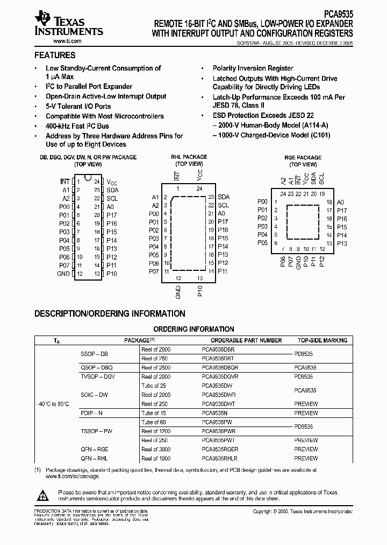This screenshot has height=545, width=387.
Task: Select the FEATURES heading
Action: pos(55,55)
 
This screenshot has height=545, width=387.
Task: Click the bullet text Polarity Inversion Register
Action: pos(253,68)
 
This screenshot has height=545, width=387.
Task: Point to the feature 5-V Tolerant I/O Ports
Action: pos(78,107)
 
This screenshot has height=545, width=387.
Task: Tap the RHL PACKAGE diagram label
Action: pos(189,157)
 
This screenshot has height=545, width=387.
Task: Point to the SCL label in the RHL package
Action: pos(223,205)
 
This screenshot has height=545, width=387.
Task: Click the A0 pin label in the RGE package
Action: pos(341,202)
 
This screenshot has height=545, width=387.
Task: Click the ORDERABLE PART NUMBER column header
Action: pos(246,340)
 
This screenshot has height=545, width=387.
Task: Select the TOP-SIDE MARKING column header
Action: pos(322,340)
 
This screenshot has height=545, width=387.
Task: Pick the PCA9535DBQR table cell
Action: pos(220,367)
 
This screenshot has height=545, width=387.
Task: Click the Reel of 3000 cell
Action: pos(156,449)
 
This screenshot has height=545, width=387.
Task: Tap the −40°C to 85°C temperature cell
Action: pos(52,403)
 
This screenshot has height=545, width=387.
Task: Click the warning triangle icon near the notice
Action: pos(43,494)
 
